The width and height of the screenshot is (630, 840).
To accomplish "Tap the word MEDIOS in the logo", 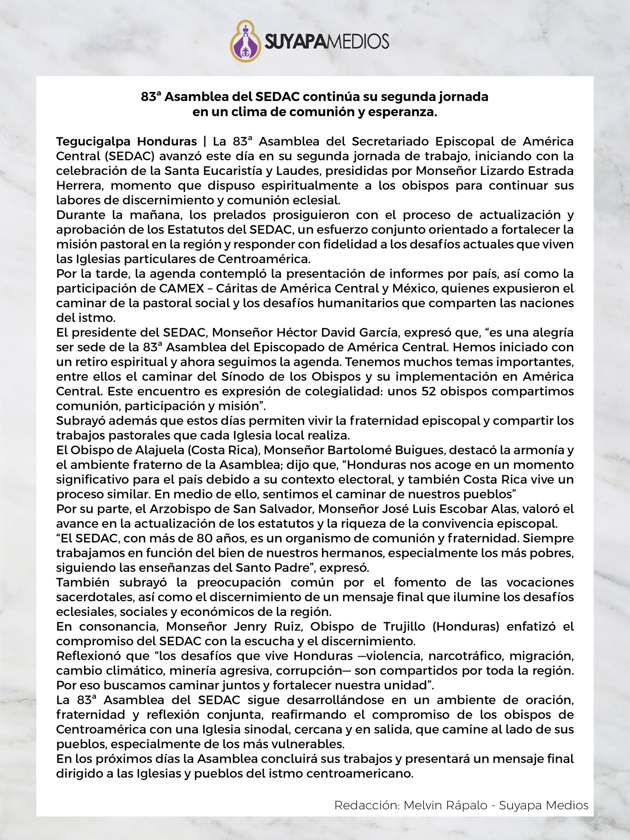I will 358,42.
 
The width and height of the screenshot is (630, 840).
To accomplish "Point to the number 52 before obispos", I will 429,392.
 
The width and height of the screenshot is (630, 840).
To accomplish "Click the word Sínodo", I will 245,377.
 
